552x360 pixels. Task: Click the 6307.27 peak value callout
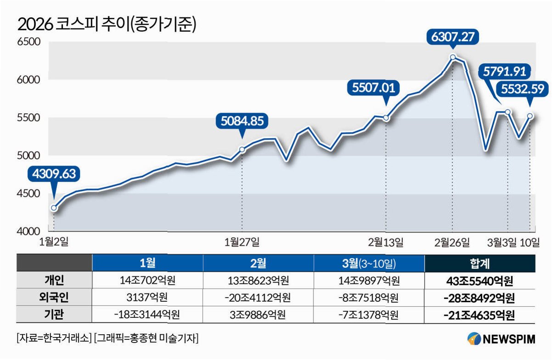click(x=452, y=37)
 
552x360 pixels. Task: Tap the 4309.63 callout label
click(x=54, y=174)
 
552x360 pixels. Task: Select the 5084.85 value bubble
click(x=242, y=121)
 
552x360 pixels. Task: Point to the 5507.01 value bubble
click(x=374, y=88)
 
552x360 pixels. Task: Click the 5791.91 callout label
click(x=504, y=72)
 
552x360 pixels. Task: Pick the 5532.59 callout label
click(x=523, y=89)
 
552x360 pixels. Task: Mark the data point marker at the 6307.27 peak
click(x=453, y=57)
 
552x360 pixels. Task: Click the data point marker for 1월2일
click(x=54, y=208)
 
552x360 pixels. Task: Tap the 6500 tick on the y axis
click(x=28, y=42)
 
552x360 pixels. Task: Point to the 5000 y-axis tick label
click(x=28, y=155)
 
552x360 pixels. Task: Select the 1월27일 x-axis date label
click(x=242, y=242)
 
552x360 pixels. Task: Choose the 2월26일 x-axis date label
click(x=452, y=242)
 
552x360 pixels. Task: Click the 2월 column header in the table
click(x=258, y=263)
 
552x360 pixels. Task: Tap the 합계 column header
click(x=480, y=263)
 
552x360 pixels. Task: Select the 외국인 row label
click(x=54, y=297)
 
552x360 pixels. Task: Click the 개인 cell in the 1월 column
click(x=147, y=280)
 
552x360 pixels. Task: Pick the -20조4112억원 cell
click(x=257, y=298)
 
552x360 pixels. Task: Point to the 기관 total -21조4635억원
click(x=480, y=315)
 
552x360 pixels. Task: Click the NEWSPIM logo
click(x=501, y=339)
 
